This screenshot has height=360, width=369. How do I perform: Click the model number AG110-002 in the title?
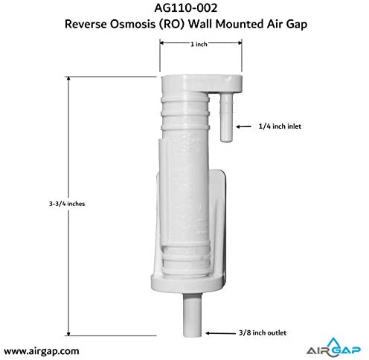186,8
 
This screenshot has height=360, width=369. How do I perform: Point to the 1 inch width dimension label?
199,45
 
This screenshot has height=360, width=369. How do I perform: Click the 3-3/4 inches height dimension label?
67,204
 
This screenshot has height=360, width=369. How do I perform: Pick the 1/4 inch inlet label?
280,126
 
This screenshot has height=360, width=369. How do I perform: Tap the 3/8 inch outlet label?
263,332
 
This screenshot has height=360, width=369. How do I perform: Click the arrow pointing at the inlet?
243,126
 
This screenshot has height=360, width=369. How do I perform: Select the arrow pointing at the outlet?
220,333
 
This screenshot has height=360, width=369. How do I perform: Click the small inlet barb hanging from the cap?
226,118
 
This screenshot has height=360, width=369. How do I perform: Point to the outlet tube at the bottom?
192,315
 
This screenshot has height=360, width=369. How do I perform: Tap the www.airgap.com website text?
42,351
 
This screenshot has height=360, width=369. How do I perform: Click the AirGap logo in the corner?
333,347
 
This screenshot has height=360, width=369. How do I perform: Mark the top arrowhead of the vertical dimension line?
68,79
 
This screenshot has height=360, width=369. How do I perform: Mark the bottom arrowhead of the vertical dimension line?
68,333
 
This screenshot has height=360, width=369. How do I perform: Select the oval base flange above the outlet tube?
187,283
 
